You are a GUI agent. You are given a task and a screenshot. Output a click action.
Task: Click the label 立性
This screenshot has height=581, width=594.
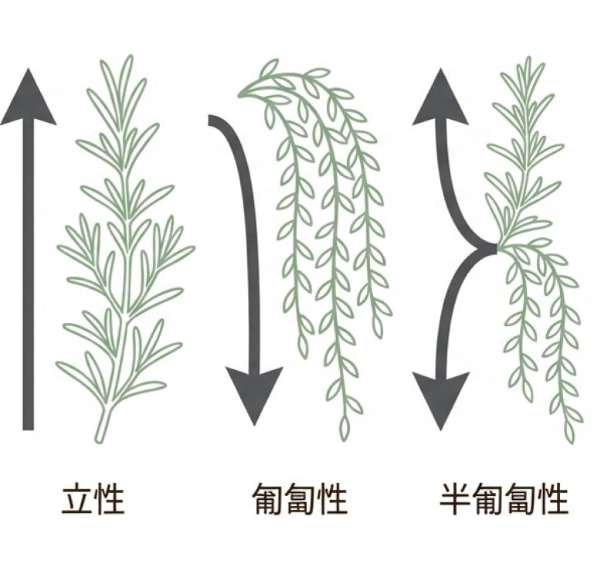click(93, 498)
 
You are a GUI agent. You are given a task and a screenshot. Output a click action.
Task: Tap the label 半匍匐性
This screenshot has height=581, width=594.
click(504, 498)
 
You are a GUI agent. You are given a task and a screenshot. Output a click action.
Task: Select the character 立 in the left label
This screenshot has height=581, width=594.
click(77, 498)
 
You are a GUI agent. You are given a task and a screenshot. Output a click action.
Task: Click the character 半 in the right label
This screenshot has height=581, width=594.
click(456, 498)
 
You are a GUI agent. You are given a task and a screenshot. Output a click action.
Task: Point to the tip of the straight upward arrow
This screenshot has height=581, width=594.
click(29, 69)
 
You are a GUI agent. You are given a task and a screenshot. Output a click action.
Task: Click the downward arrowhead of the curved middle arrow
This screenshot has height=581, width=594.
click(254, 394)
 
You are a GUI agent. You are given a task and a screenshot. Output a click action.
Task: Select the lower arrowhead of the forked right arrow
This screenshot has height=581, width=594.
click(440, 402)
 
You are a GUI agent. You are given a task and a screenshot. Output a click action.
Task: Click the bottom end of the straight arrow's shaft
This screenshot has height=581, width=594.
click(29, 430)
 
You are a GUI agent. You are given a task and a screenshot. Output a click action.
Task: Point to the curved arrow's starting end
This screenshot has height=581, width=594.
click(209, 120)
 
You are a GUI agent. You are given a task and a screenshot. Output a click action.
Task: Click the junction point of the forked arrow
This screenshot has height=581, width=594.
click(495, 248)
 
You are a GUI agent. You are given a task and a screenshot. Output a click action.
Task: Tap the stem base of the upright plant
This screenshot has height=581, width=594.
click(99, 440)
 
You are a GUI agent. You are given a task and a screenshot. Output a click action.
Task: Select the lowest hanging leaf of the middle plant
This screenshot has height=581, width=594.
click(344, 428)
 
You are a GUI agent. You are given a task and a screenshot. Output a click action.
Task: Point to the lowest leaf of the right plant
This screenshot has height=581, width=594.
click(571, 432)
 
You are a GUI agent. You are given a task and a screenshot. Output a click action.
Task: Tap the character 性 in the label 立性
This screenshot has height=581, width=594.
click(109, 498)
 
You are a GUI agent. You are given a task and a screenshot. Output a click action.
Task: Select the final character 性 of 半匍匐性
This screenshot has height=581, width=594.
click(553, 498)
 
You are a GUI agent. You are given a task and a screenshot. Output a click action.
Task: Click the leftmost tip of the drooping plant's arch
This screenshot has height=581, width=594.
click(239, 95)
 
